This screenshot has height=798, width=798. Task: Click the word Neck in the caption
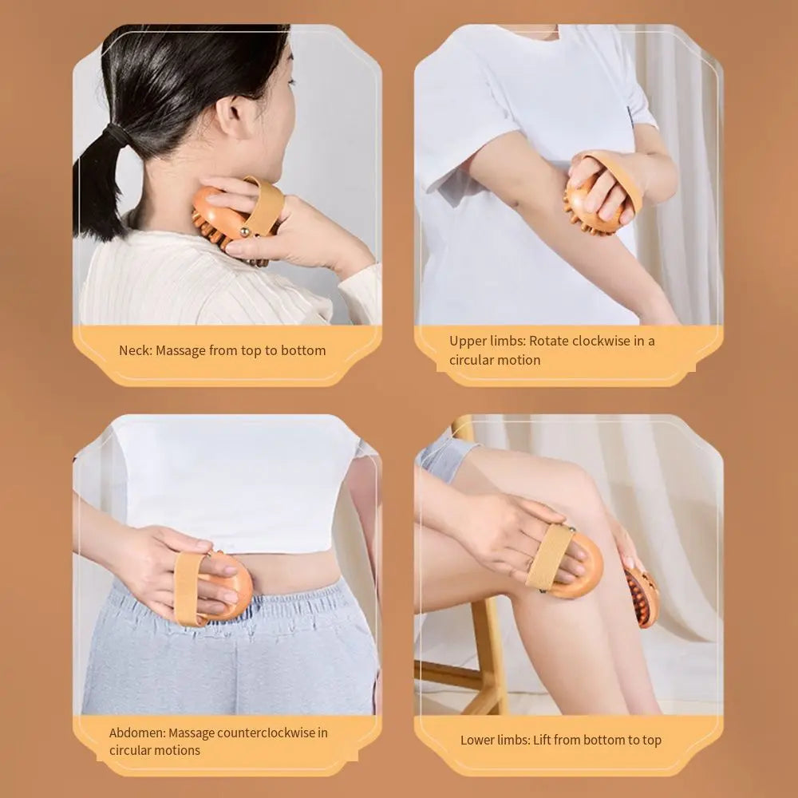[135, 350]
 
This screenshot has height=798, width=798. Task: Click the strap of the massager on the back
[189, 587]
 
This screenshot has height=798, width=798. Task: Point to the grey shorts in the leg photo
[447, 455]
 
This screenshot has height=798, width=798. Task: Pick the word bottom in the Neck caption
[304, 350]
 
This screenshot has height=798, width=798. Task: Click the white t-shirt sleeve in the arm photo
[463, 120]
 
